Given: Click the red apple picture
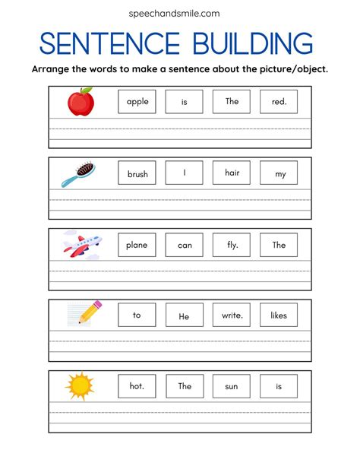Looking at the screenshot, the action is click(81, 101).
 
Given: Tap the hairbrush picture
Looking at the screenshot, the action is click(80, 173).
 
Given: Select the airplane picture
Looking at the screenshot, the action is click(81, 244).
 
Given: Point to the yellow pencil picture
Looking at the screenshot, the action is click(85, 313).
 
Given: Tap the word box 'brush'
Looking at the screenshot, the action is click(137, 173).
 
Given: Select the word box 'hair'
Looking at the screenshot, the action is click(232, 173).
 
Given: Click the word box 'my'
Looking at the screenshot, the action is click(279, 173).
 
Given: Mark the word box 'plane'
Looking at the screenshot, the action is click(137, 244).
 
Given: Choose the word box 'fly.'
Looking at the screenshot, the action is click(232, 244).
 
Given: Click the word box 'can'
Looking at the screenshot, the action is click(185, 244).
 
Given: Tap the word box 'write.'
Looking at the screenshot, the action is click(232, 315).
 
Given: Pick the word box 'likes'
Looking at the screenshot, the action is click(279, 315).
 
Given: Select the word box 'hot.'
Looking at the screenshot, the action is click(137, 385).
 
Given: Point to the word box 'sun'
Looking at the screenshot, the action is click(232, 385).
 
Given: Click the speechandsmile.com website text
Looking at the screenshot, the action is click(180, 13).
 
